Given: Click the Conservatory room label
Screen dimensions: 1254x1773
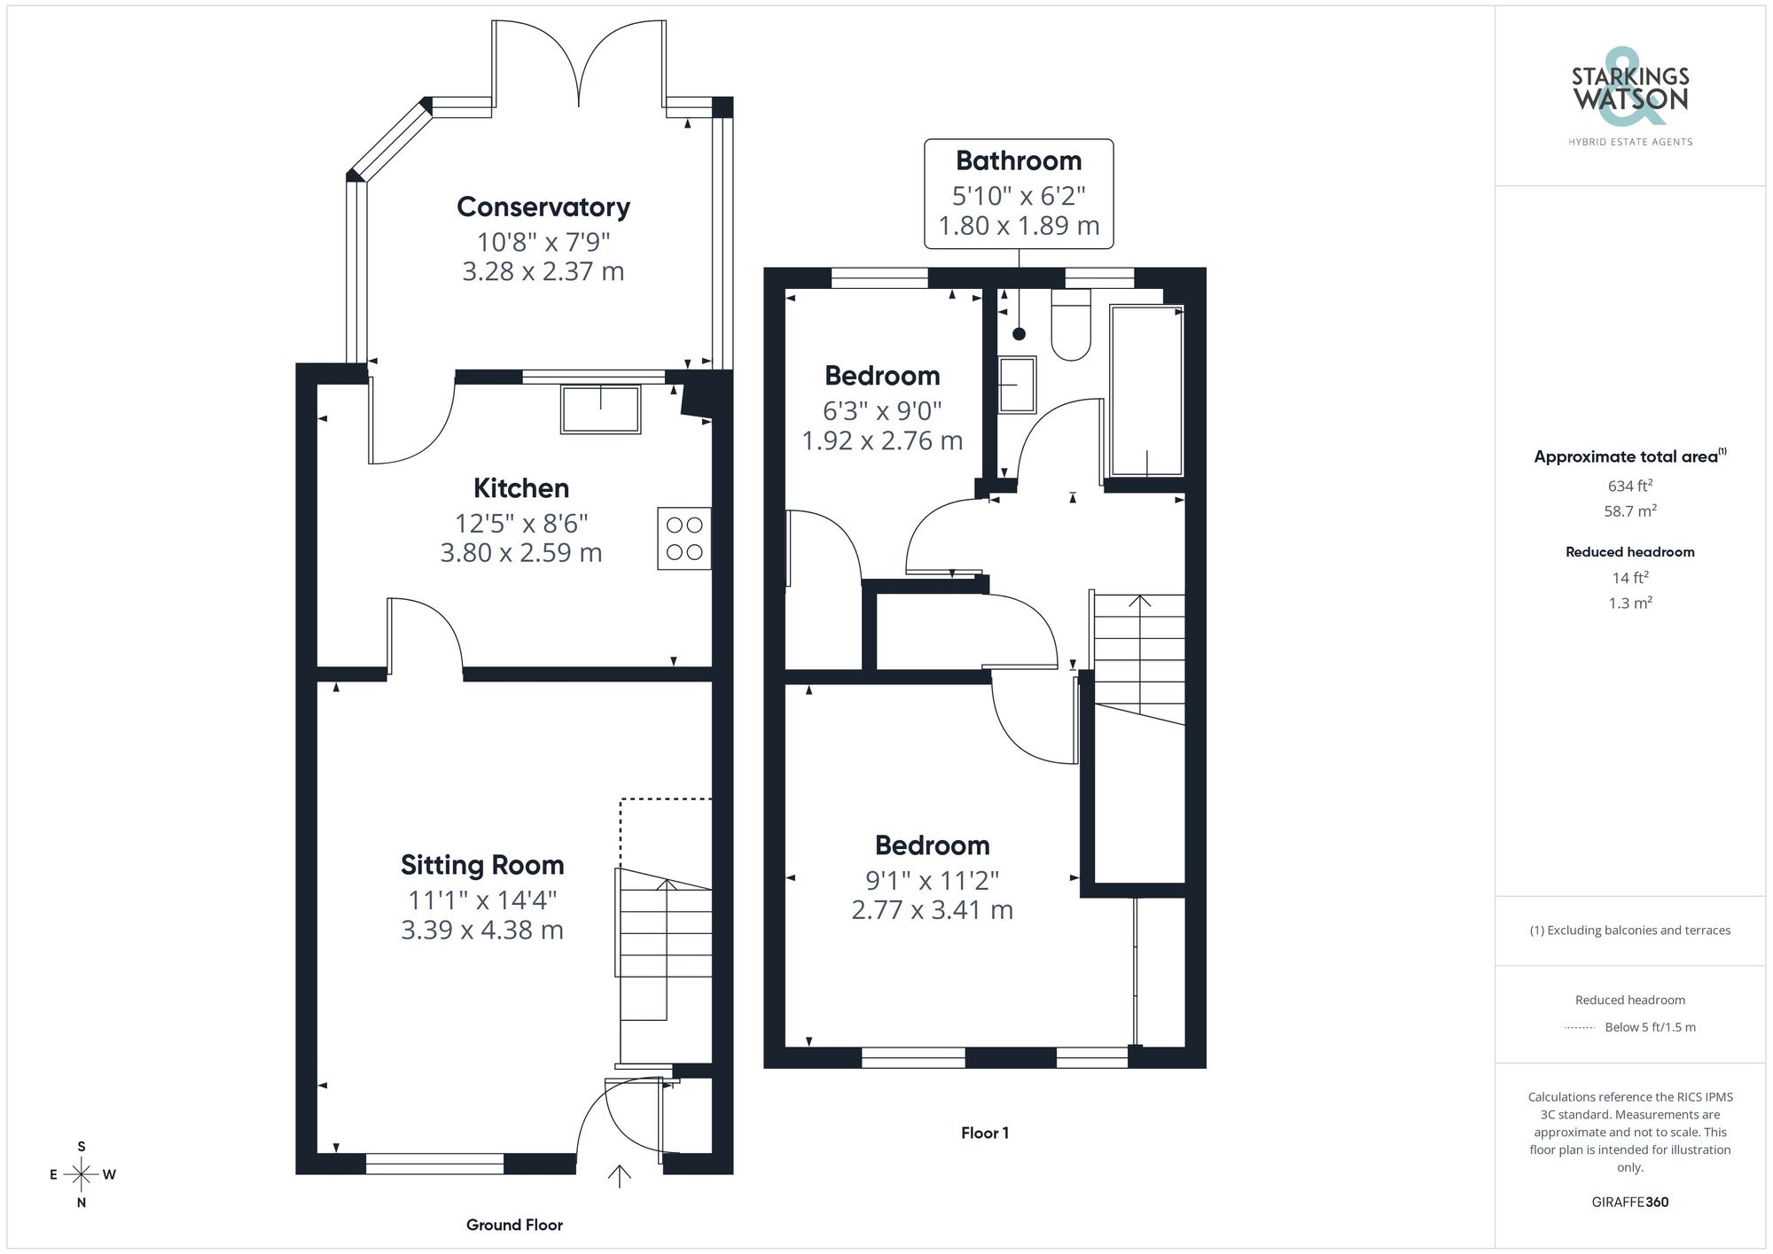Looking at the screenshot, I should (x=543, y=206).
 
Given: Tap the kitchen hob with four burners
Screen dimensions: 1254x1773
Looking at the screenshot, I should (x=683, y=538).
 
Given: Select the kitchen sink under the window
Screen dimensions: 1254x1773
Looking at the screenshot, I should (x=600, y=409).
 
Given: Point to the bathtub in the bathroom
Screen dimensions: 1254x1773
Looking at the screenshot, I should (x=1146, y=391).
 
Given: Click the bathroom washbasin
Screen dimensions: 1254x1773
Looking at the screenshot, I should (x=1017, y=385).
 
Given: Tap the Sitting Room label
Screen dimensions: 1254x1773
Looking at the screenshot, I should (x=482, y=865).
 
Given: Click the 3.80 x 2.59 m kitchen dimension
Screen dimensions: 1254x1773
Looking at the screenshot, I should (x=521, y=553).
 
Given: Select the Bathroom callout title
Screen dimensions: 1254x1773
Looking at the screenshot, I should (x=1019, y=161).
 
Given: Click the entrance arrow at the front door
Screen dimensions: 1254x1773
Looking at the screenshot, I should (x=619, y=1175).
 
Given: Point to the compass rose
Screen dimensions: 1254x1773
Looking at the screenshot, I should (x=82, y=1175).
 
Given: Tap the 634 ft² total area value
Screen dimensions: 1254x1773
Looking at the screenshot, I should (x=1629, y=486).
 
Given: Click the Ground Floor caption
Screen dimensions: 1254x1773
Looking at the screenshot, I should (x=514, y=1225).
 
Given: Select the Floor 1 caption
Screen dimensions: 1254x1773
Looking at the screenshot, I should (x=985, y=1133).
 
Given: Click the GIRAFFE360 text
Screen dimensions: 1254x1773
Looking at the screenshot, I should (x=1629, y=1203).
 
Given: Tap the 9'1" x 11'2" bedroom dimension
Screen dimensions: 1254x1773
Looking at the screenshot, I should (x=932, y=881).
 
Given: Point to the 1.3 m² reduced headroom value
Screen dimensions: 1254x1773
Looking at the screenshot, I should (x=1629, y=604).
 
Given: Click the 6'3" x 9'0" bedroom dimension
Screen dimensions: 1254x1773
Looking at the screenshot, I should (x=882, y=411).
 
